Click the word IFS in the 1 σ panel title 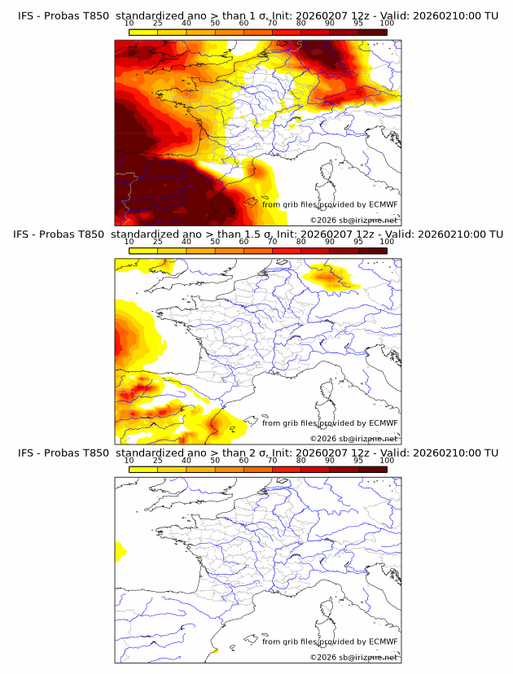click(27, 15)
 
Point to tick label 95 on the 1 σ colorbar click(358, 24)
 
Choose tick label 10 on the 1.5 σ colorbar click(129, 242)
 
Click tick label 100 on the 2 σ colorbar click(387, 461)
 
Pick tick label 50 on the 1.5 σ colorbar click(215, 242)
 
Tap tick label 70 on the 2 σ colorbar click(272, 461)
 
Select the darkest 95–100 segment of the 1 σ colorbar click(372, 32)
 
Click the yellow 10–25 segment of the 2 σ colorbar click(143, 469)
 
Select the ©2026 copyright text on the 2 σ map click(323, 657)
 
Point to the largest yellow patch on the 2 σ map click(121, 551)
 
